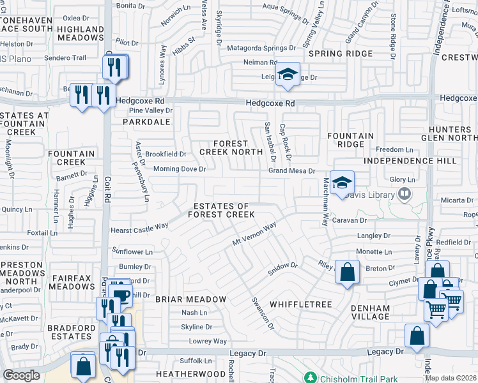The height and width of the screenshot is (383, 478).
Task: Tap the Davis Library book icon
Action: pyautogui.click(x=404, y=193)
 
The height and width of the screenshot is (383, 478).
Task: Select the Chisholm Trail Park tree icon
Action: pyautogui.click(x=311, y=377)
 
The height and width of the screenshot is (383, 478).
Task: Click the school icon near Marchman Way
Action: pyautogui.click(x=342, y=182)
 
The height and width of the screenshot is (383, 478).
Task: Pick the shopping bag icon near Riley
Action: pyautogui.click(x=346, y=273)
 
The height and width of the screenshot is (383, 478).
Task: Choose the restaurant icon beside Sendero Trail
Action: pyautogui.click(x=114, y=66)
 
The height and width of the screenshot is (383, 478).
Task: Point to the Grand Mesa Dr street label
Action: pyautogui.click(x=292, y=171)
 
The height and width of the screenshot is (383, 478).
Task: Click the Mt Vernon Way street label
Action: pyautogui.click(x=254, y=234)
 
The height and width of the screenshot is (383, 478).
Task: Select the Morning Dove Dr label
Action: pyautogui.click(x=180, y=169)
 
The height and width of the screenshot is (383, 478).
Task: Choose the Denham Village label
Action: pyautogui.click(x=370, y=312)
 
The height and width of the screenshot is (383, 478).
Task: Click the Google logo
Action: pyautogui.click(x=22, y=375)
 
